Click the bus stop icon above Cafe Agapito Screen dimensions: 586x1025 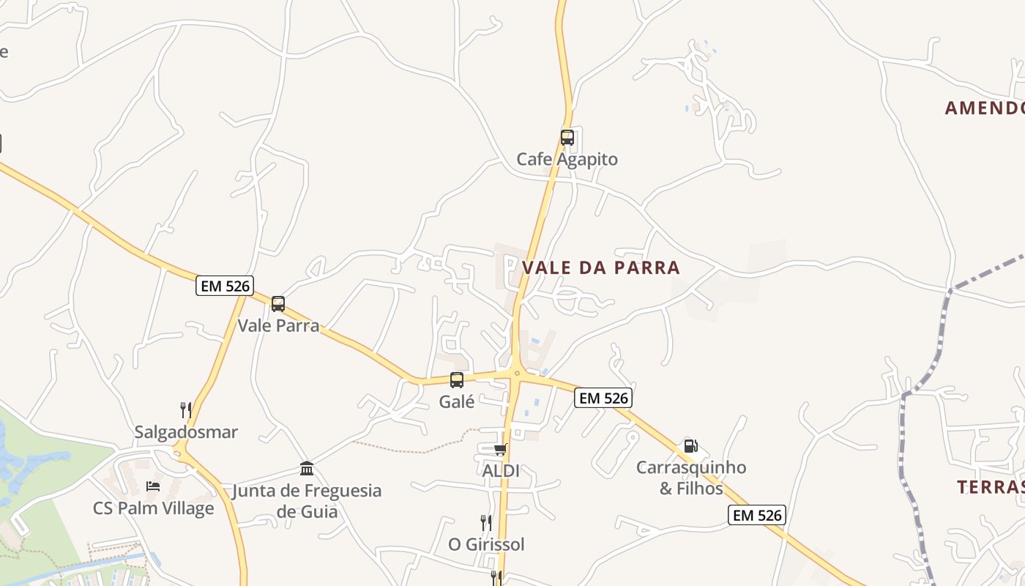point(567,137)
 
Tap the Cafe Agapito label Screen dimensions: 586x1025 point(567,159)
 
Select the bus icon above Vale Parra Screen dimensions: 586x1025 point(278,304)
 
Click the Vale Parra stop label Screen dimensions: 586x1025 point(278,325)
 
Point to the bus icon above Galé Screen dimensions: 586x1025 point(457,380)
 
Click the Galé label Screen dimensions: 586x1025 point(457,401)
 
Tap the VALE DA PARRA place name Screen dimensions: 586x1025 point(601,267)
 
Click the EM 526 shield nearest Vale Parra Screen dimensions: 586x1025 point(225,286)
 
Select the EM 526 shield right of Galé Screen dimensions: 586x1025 point(603,398)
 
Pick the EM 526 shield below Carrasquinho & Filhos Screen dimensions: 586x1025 point(757,515)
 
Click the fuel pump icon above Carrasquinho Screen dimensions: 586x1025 point(690,446)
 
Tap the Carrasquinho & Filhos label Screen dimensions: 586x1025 point(691,478)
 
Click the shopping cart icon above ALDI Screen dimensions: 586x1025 point(501,449)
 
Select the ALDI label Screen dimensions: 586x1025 point(501,470)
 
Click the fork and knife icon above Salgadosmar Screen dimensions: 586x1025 point(186,410)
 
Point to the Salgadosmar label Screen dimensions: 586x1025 point(186,432)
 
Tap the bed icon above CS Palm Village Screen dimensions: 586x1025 point(153,486)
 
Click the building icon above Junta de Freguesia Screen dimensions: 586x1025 point(307,468)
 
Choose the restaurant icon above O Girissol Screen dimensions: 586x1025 point(486,523)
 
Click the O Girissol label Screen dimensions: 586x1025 point(486,544)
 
